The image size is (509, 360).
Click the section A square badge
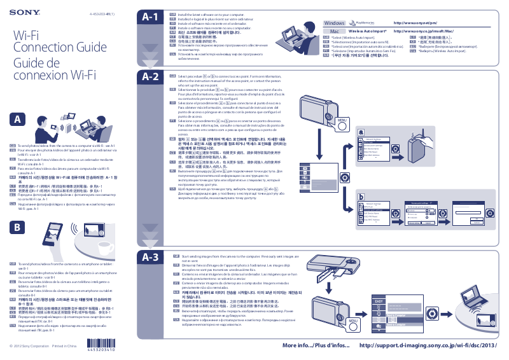pos(19,119)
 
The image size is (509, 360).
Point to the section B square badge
pos(19,227)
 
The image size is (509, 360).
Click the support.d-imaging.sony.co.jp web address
pos(428,345)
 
